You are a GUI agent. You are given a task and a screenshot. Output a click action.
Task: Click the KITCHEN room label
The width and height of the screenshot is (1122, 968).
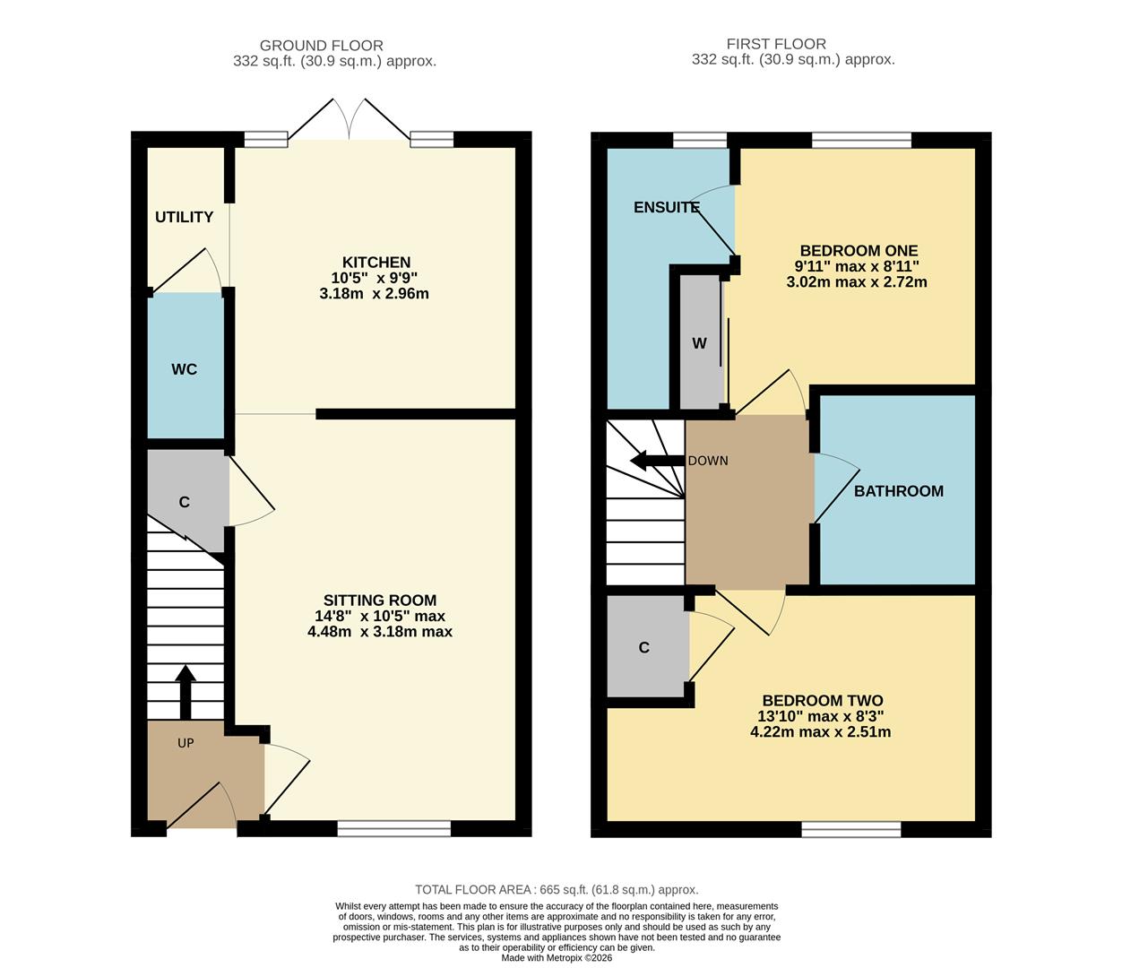pos(376,263)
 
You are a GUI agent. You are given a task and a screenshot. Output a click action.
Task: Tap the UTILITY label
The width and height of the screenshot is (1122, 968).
pos(184,217)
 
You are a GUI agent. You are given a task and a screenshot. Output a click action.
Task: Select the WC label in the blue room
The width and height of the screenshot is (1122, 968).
pos(185,369)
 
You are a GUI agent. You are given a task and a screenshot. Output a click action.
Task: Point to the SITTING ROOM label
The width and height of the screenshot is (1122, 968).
pos(380,601)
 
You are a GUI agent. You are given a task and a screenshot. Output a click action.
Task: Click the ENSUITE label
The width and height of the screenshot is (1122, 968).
pos(666,207)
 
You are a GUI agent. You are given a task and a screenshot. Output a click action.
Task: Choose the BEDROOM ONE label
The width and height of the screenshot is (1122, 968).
pos(859,251)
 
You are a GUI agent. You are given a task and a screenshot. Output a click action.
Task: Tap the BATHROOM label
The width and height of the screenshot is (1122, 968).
pos(898,491)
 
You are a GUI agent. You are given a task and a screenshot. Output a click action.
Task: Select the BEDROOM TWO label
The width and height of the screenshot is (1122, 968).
pos(822,701)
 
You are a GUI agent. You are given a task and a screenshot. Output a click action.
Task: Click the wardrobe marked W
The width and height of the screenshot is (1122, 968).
pos(699,343)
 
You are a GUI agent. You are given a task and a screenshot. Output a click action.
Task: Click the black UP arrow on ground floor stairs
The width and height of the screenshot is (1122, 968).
pos(186,691)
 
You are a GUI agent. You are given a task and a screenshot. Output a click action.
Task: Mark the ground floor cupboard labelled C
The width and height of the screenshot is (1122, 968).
pos(184,502)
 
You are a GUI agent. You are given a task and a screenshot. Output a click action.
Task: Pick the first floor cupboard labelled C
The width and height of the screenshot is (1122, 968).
pos(643,647)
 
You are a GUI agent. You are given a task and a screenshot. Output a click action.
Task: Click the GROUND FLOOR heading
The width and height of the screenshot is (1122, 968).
pos(321,45)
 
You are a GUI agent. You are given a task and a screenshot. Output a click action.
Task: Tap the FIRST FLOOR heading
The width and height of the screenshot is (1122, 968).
pos(776,43)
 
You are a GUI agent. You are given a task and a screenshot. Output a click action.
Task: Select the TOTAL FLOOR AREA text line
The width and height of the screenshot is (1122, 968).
pos(557,890)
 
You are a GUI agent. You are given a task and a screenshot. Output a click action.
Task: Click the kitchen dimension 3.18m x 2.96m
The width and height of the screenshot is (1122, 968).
pos(374,294)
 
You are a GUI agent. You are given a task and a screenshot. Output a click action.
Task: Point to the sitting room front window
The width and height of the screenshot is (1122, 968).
pos(393,829)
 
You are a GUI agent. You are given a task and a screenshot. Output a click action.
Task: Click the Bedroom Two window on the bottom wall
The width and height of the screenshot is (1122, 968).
pos(850,829)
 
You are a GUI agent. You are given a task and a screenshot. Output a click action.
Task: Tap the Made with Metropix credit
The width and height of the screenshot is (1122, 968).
pos(557,957)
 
